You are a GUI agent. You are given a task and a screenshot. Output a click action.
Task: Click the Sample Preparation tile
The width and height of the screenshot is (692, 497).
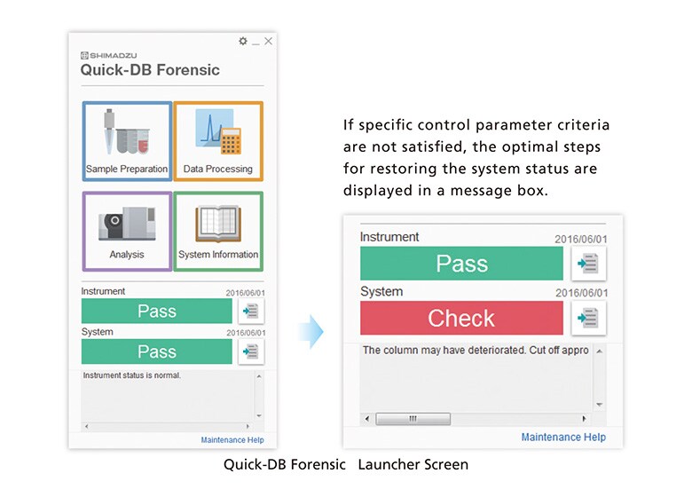(x=127, y=143)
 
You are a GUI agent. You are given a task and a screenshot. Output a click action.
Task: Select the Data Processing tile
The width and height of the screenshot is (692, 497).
(x=218, y=143)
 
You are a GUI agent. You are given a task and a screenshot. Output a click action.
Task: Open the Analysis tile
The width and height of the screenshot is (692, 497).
(x=127, y=231)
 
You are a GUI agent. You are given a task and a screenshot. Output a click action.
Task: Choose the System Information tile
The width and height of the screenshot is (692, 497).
(x=218, y=231)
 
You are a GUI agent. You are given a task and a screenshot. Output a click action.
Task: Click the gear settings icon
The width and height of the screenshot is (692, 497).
(x=243, y=42)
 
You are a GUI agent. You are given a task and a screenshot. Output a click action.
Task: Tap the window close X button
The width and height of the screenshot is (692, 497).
(x=269, y=42)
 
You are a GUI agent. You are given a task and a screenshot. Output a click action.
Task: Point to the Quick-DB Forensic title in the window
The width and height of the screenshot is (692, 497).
(x=150, y=70)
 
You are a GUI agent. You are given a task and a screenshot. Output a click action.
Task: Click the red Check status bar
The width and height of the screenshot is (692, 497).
(x=461, y=318)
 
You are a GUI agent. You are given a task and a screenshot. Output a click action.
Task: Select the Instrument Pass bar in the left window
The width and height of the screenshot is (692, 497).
(x=156, y=311)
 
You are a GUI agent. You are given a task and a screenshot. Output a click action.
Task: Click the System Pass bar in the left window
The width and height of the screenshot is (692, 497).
(x=156, y=351)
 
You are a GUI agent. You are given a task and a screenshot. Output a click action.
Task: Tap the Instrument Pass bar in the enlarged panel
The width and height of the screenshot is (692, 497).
(x=461, y=264)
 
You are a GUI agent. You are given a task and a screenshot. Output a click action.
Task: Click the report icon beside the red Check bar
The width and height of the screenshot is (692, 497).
(x=588, y=318)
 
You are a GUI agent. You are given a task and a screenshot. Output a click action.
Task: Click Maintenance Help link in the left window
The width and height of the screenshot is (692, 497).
(x=232, y=440)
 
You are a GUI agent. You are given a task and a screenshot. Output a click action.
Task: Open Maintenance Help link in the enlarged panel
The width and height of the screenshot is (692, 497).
(x=563, y=437)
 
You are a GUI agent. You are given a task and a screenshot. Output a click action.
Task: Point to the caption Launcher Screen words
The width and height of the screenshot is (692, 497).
(x=416, y=464)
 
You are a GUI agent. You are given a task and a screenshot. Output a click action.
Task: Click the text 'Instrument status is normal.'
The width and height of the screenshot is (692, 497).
(x=132, y=375)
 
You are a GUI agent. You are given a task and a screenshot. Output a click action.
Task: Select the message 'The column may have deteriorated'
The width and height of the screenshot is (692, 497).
(x=475, y=351)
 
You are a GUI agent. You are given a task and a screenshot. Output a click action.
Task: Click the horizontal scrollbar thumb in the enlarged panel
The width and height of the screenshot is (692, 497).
(x=413, y=419)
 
